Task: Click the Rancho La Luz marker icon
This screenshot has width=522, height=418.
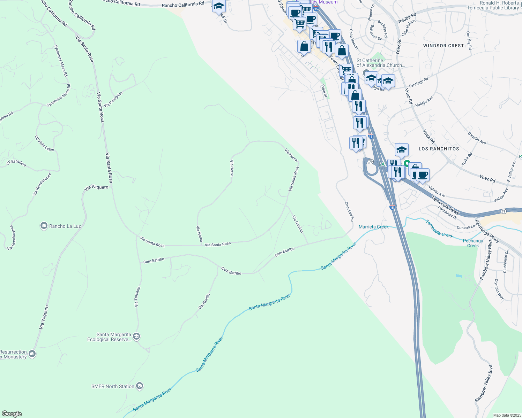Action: click(44, 226)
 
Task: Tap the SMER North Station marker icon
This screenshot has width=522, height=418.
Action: click(140, 386)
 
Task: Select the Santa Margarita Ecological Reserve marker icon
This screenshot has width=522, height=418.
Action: click(136, 336)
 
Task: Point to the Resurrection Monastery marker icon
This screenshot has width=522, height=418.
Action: click(32, 354)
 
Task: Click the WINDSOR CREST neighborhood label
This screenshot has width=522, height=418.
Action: click(443, 46)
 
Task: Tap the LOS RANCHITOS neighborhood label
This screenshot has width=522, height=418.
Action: click(439, 149)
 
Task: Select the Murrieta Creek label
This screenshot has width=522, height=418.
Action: click(373, 227)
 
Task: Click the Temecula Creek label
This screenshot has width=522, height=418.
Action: click(439, 229)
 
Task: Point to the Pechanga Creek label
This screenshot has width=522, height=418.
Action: click(473, 243)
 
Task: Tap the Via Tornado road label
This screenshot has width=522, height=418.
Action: click(137, 297)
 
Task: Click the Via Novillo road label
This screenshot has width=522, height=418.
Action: click(204, 302)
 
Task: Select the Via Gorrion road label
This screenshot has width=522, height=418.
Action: click(298, 224)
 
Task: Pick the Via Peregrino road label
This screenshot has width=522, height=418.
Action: click(113, 99)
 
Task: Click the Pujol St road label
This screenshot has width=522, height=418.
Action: click(324, 91)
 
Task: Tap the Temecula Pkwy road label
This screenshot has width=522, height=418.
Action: click(445, 205)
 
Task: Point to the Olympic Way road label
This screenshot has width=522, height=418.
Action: click(499, 289)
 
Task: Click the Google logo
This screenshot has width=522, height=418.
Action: click(12, 414)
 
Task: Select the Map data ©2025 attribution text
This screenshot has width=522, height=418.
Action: click(507, 415)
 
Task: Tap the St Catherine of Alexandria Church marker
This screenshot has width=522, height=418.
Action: click(366, 73)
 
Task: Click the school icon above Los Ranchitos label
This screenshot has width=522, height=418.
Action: click(402, 150)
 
